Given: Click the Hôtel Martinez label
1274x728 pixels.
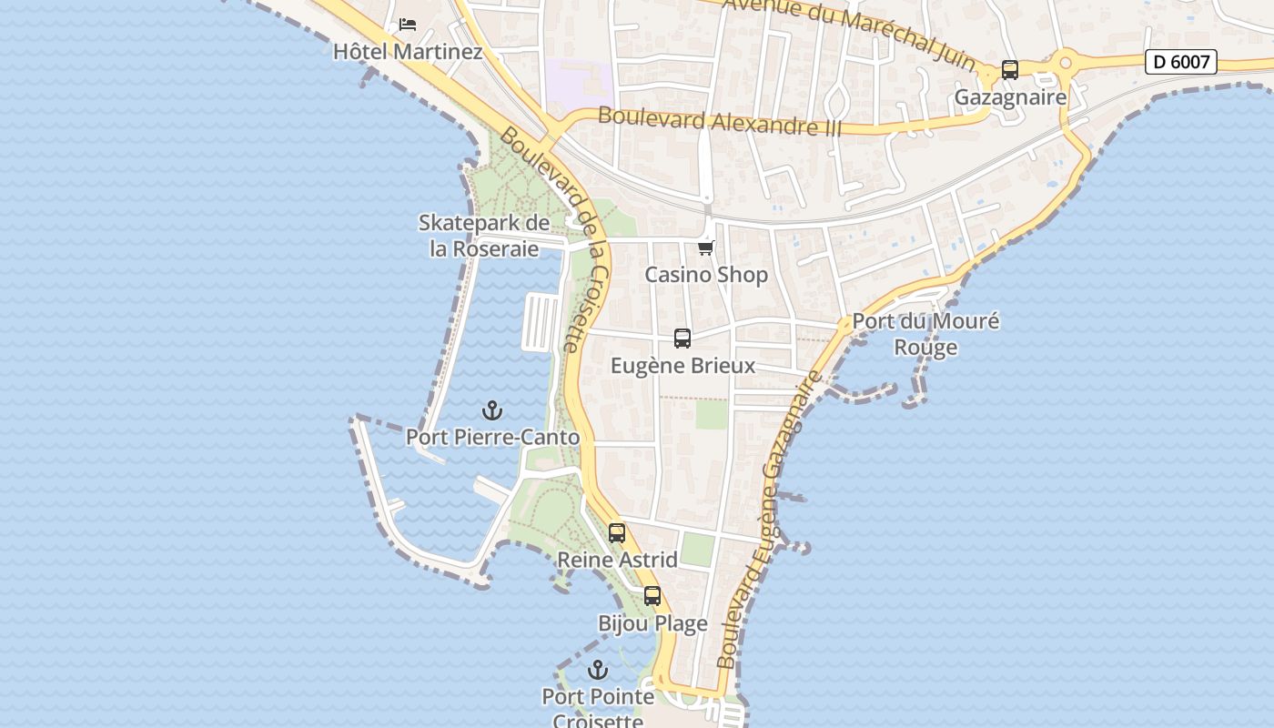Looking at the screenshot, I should pos(407,51).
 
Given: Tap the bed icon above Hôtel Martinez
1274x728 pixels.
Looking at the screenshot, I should pos(408,24).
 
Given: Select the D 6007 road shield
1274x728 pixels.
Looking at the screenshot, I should pos(1180,62).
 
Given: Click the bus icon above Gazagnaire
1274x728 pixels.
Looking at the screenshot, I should pos(1009,70).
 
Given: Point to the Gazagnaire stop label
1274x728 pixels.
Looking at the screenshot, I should pos(1009,96).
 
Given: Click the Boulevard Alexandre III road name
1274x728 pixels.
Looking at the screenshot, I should pos(720,121).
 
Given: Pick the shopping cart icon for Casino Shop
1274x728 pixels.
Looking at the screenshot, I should pos(705,248).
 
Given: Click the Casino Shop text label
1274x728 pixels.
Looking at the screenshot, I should pos(706,274).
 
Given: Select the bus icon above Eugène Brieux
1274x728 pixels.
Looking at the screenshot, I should pos(682,339).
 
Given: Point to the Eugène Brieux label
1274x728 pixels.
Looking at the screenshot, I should pos(682,366).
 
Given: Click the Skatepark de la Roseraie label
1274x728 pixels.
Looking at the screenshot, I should pos(484,236).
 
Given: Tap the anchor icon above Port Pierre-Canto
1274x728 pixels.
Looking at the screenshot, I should pos(492,410).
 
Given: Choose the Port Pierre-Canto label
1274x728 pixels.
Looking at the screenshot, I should pos(492,437).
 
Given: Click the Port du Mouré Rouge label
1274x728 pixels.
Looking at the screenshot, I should pos(925,334).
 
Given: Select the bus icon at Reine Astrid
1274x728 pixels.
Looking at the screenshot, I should pos(617,533).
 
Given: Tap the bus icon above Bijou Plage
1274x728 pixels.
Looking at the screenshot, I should pos(652,597).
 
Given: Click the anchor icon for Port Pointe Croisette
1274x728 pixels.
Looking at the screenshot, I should pos(598,671).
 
